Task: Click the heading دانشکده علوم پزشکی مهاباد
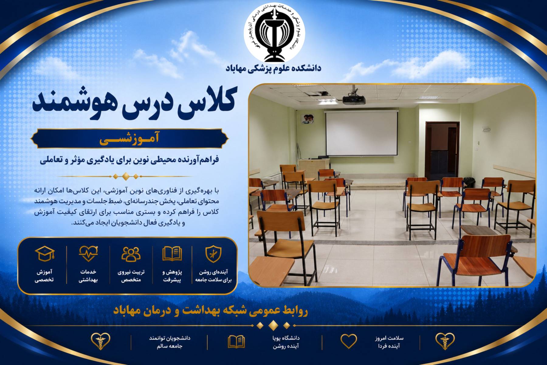[273, 68]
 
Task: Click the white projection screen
[361, 133]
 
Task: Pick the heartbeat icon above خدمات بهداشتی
[88, 254]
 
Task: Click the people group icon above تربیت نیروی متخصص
[131, 254]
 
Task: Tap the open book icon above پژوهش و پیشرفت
[172, 254]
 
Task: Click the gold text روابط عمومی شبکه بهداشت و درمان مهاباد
[210, 311]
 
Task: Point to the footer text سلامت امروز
[389, 338]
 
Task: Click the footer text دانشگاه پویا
[286, 338]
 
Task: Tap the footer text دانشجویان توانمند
[170, 338]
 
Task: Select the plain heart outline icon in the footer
[349, 341]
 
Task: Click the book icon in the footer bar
[236, 342]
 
